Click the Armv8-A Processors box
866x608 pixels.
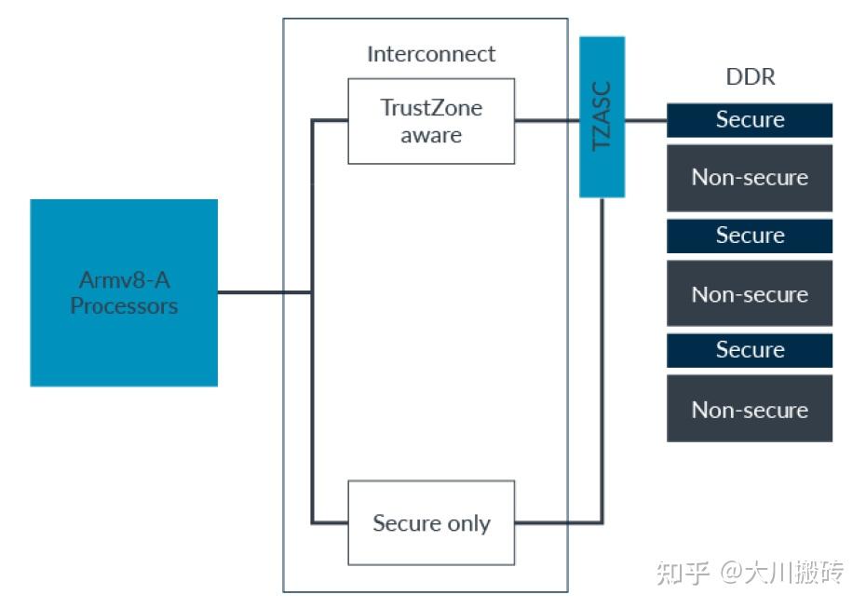[x=124, y=292]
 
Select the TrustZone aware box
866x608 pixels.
[x=431, y=121]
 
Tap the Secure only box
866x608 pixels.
[x=431, y=522]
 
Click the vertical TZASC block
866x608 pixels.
[x=602, y=117]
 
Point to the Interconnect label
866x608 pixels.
[x=431, y=54]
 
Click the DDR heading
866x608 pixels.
[x=750, y=77]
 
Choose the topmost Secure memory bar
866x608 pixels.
[x=750, y=120]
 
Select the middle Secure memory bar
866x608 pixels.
[x=750, y=236]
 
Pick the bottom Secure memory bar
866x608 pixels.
[x=750, y=350]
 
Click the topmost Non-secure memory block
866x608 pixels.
[x=750, y=178]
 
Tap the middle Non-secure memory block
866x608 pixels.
[x=750, y=294]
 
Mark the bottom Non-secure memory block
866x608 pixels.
[x=750, y=409]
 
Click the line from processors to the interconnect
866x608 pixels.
[x=264, y=292]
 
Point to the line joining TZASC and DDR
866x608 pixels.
[x=645, y=120]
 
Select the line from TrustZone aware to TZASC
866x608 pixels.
[x=547, y=120]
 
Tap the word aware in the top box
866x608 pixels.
[x=431, y=135]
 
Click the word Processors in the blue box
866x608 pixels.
[x=124, y=305]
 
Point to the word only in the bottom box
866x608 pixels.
[x=470, y=523]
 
